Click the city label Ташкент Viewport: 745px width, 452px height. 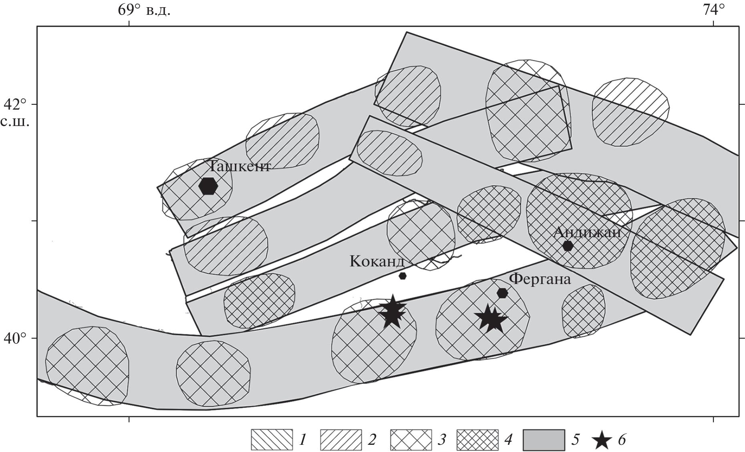[239, 166]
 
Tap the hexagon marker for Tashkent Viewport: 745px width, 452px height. [208, 186]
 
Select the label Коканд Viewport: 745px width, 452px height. [377, 261]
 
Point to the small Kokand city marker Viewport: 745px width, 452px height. [403, 276]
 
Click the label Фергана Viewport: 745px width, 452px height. [540, 279]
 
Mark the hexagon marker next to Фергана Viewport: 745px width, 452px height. [502, 293]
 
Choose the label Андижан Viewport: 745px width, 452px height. [587, 232]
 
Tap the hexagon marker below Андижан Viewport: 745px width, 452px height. [568, 246]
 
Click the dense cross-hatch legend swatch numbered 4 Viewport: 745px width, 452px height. [478, 440]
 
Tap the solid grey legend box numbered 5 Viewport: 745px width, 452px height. [544, 440]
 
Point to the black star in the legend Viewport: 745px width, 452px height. [602, 440]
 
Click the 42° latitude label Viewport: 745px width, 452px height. [15, 104]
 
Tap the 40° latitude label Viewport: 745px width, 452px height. [15, 338]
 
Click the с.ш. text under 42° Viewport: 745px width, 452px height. [15, 122]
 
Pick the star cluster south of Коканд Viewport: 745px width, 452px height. [392, 311]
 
